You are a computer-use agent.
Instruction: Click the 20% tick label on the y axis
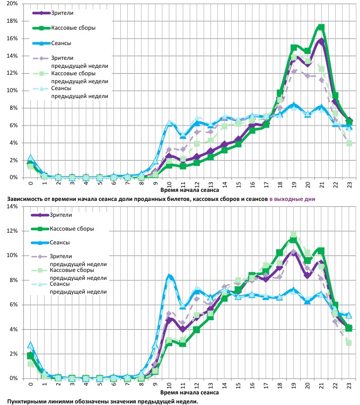point(12,4)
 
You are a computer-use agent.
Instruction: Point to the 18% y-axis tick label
point(12,21)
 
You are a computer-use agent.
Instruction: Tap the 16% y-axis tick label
point(12,39)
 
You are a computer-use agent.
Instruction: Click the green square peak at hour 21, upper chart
point(321,27)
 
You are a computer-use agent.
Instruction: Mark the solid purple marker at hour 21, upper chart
point(321,41)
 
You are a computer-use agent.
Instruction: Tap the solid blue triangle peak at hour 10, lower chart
point(170,276)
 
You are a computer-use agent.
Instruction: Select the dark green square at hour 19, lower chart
point(293,240)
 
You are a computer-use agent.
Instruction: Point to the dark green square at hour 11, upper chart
point(183,166)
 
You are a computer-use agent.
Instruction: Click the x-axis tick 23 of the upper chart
point(348,183)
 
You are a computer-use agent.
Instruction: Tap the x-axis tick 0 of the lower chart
point(30,385)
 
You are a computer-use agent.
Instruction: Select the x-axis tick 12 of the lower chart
point(197,385)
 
